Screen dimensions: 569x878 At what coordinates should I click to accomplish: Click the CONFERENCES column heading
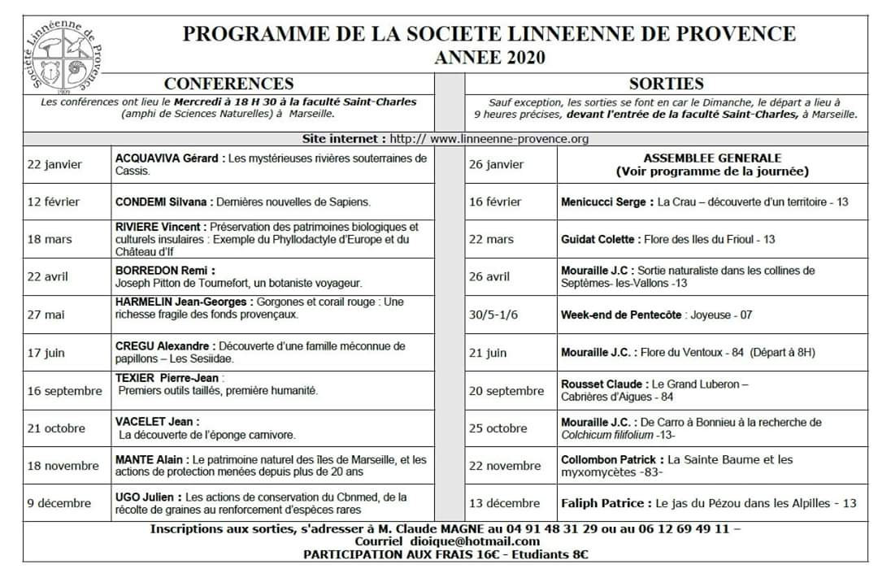pyautogui.click(x=228, y=84)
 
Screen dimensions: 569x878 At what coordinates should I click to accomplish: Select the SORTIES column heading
pyautogui.click(x=666, y=84)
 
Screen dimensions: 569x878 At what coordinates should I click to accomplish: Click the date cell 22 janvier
pyautogui.click(x=54, y=164)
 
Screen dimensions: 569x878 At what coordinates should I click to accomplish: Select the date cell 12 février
pyautogui.click(x=54, y=202)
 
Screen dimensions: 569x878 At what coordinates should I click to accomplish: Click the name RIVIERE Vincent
pyautogui.click(x=159, y=227)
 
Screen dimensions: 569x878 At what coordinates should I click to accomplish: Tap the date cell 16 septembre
pyautogui.click(x=65, y=391)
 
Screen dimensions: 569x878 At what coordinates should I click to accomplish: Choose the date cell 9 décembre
pyautogui.click(x=59, y=503)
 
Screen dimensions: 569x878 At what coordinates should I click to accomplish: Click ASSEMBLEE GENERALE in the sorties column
pyautogui.click(x=712, y=159)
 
